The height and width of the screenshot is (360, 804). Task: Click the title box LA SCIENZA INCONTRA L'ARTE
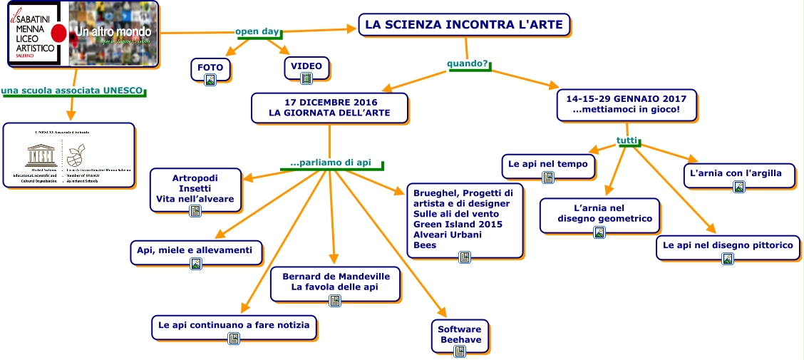pyautogui.click(x=464, y=25)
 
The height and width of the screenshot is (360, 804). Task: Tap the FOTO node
pyautogui.click(x=210, y=68)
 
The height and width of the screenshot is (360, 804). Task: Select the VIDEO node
pyautogui.click(x=306, y=66)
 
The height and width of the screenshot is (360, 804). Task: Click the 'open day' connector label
pyautogui.click(x=257, y=31)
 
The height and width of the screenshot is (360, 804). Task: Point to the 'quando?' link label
pyautogui.click(x=468, y=64)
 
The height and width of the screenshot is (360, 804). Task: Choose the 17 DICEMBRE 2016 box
pyautogui.click(x=330, y=108)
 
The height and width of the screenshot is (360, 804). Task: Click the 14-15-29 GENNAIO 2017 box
pyautogui.click(x=626, y=104)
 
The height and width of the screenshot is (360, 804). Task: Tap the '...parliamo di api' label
pyautogui.click(x=331, y=163)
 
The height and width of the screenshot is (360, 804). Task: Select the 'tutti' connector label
pyautogui.click(x=627, y=140)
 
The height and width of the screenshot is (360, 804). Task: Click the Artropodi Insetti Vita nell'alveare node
pyautogui.click(x=195, y=188)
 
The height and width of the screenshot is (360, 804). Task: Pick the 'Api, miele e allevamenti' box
pyautogui.click(x=195, y=250)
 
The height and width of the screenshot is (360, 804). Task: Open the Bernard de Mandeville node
pyautogui.click(x=335, y=282)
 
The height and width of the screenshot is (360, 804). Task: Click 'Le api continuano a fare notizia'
pyautogui.click(x=234, y=325)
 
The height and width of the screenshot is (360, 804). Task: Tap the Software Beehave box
pyautogui.click(x=460, y=334)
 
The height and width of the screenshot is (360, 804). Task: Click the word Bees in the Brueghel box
pyautogui.click(x=426, y=245)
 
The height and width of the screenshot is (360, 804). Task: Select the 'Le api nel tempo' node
pyautogui.click(x=548, y=164)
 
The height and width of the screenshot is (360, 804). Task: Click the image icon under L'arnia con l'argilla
pyautogui.click(x=739, y=187)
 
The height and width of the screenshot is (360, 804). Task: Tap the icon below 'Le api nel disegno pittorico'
pyautogui.click(x=728, y=259)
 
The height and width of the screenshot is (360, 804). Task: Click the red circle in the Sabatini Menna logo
pyautogui.click(x=60, y=33)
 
